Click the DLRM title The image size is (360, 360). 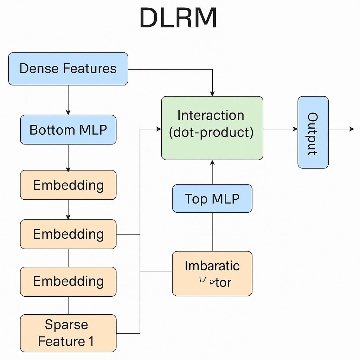coord(178,18)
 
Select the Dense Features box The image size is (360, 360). coord(68,69)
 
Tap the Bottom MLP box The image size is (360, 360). coord(68,130)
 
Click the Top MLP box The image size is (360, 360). coord(212,199)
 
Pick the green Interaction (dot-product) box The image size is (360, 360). coord(212,128)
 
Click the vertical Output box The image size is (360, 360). coord(313,132)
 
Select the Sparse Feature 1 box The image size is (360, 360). coord(68,333)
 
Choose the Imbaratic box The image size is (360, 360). coord(212,274)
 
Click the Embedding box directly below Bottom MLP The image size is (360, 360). coord(68,185)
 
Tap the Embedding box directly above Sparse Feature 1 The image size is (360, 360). coord(68,281)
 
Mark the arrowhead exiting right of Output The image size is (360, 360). coord(352,129)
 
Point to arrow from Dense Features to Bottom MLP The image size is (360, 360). coord(68,100)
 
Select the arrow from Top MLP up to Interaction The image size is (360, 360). coord(212,172)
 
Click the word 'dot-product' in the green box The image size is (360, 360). coord(211,133)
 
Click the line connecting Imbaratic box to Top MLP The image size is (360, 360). coord(212,232)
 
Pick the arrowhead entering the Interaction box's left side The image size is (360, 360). coord(159,129)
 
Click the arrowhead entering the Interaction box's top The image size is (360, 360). coord(212,94)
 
